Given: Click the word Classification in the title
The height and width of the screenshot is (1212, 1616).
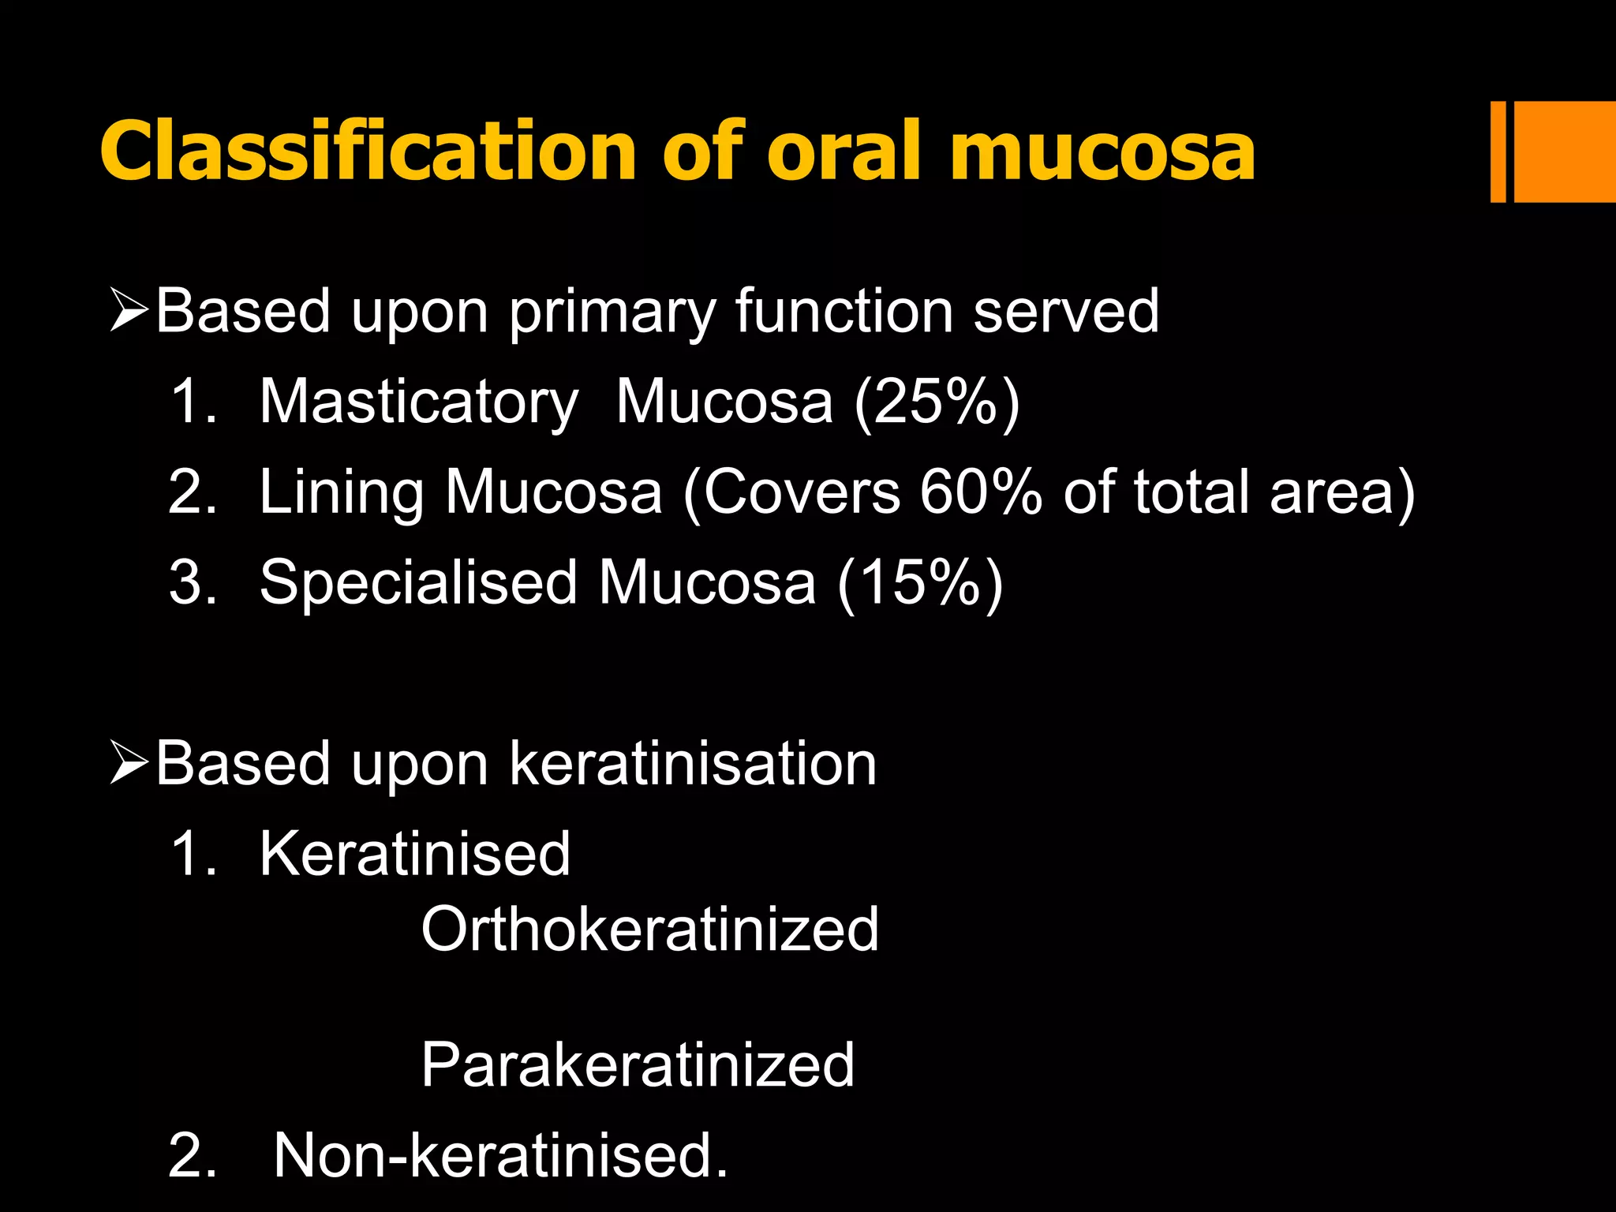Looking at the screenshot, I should point(368,151).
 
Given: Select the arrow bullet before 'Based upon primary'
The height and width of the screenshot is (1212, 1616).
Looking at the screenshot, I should point(129,311).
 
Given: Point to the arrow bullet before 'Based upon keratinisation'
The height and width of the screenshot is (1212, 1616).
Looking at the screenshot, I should point(129,764).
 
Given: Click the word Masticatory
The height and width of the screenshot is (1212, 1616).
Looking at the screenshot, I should point(419,402).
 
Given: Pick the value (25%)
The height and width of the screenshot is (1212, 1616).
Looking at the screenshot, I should point(937,402).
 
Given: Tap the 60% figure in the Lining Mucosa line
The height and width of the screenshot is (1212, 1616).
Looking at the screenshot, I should point(981,492).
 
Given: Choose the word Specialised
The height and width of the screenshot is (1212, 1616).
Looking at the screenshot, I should point(419,583).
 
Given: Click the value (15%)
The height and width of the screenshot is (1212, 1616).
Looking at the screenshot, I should point(920,583).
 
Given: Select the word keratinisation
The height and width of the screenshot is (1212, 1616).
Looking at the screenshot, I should point(693,764).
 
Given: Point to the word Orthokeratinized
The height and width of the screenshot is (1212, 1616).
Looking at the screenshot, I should point(649,930).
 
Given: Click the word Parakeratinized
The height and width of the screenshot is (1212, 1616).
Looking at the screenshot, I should point(638,1065).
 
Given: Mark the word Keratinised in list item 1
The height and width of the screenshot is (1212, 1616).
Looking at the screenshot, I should point(414,855).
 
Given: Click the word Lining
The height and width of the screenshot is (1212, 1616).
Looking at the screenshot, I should point(342,494).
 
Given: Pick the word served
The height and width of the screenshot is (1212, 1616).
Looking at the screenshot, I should point(1066,311).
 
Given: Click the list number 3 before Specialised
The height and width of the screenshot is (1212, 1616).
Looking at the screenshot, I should point(192,583).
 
